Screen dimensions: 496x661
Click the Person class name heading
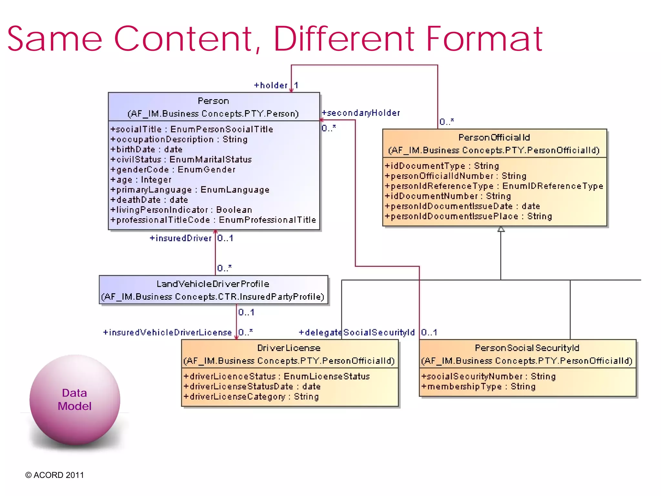pos(213,101)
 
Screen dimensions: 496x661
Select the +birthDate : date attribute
pos(146,150)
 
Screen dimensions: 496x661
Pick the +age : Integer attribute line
pos(141,180)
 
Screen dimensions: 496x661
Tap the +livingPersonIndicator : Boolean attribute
pos(181,210)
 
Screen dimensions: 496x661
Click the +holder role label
pos(270,86)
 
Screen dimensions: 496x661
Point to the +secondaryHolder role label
pos(361,113)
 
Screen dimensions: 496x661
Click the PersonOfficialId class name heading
pos(494,138)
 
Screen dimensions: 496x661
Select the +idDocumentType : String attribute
pos(442,166)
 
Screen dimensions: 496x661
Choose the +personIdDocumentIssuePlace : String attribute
pos(468,216)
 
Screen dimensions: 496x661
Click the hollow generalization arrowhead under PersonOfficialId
pos(501,229)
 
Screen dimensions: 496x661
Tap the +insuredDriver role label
pos(180,238)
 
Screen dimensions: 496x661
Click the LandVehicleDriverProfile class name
pos(213,284)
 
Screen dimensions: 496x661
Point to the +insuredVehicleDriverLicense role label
pos(167,333)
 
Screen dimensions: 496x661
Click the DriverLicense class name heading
pos(289,348)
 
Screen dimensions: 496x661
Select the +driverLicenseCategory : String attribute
pos(251,397)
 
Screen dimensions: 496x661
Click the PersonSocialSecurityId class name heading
pos(527,348)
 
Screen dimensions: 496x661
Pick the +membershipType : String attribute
pos(478,387)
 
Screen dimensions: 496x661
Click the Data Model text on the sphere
pos(75,400)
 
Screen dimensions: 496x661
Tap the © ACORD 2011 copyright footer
pos(55,475)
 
